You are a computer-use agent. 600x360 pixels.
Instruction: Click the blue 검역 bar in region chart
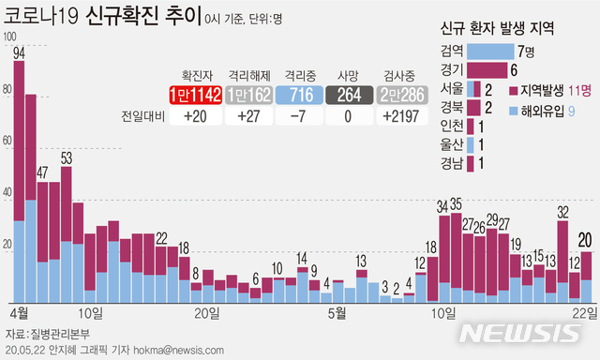(x=489, y=51)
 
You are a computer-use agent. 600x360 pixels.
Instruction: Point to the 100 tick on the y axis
(x=10, y=37)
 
